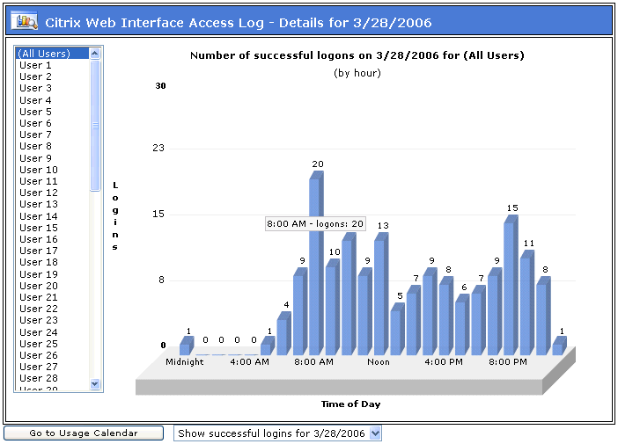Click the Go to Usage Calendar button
point(84,433)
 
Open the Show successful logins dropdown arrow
point(376,433)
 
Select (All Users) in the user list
point(51,54)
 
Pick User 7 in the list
point(36,135)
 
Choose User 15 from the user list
point(39,228)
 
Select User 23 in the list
point(39,320)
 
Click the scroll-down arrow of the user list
point(95,383)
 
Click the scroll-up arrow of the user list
point(95,54)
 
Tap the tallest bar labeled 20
point(314,264)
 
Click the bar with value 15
point(510,286)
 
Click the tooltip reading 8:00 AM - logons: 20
point(315,223)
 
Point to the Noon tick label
point(379,361)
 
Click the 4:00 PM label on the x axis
point(443,361)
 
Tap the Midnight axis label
point(185,361)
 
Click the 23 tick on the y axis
point(158,148)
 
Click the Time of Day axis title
point(350,404)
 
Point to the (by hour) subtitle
point(357,72)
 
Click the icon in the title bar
point(27,20)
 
